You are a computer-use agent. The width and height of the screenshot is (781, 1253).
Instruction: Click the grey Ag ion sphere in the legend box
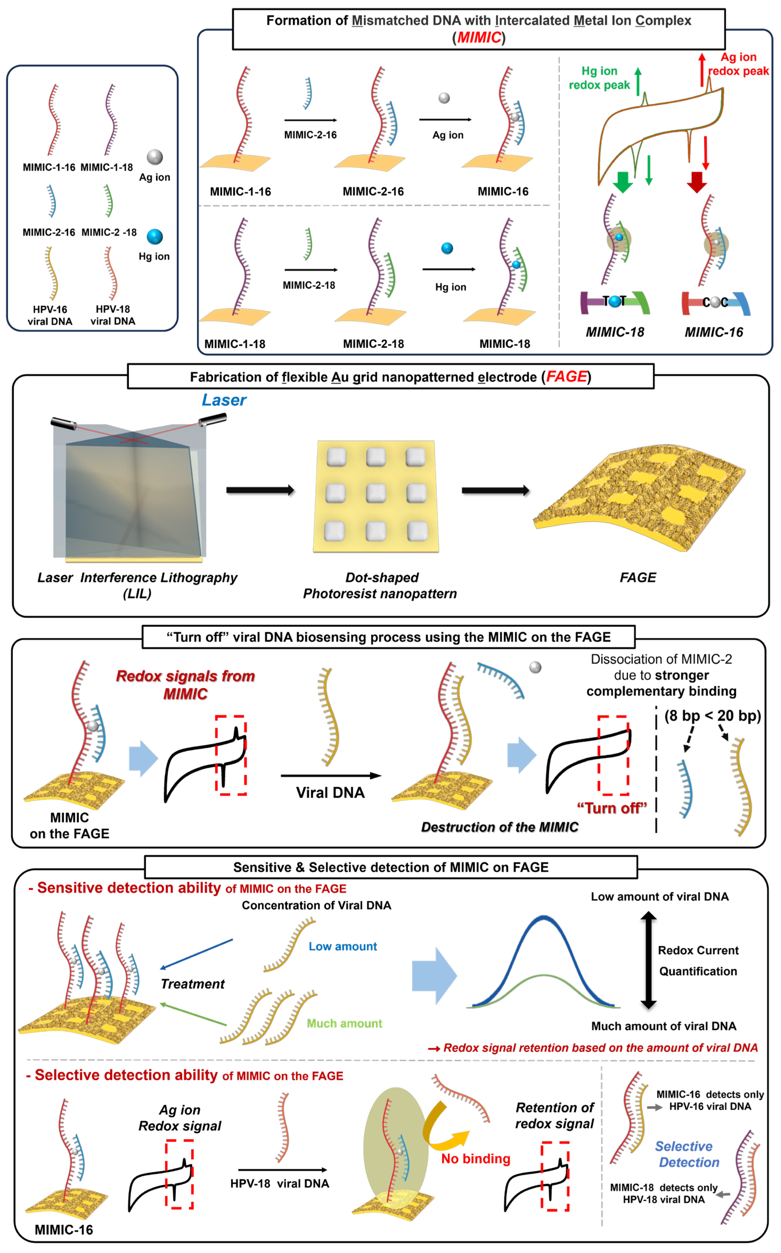click(154, 157)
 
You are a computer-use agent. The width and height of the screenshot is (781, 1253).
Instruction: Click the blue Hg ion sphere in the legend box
click(154, 236)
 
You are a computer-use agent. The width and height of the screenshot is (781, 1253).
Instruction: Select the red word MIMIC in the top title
click(479, 37)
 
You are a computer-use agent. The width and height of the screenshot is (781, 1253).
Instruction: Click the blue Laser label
click(224, 400)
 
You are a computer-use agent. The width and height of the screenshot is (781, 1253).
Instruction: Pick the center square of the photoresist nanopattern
click(375, 493)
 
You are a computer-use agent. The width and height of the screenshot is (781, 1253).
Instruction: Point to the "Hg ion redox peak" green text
click(599, 78)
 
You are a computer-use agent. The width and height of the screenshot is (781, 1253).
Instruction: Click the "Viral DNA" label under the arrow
click(330, 793)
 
